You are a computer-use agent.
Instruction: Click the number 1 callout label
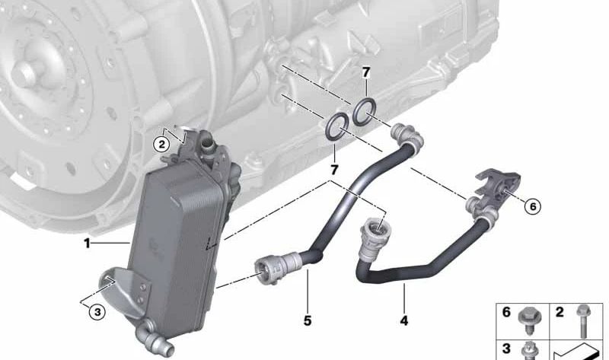coord(88,244)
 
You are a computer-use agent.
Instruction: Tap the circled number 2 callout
coord(161,143)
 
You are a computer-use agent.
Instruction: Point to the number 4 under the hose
coord(403,320)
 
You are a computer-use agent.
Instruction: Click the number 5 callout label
coord(308,320)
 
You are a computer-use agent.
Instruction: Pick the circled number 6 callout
coord(533,205)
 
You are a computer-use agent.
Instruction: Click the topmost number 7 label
coord(366,73)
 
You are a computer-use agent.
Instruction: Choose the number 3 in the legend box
coord(505,349)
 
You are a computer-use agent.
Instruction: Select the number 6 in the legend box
coord(505,311)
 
